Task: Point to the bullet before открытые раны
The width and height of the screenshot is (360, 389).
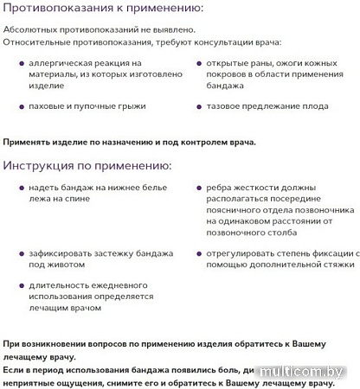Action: coord(199,64)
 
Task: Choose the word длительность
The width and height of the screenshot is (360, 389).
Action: coord(62,284)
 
